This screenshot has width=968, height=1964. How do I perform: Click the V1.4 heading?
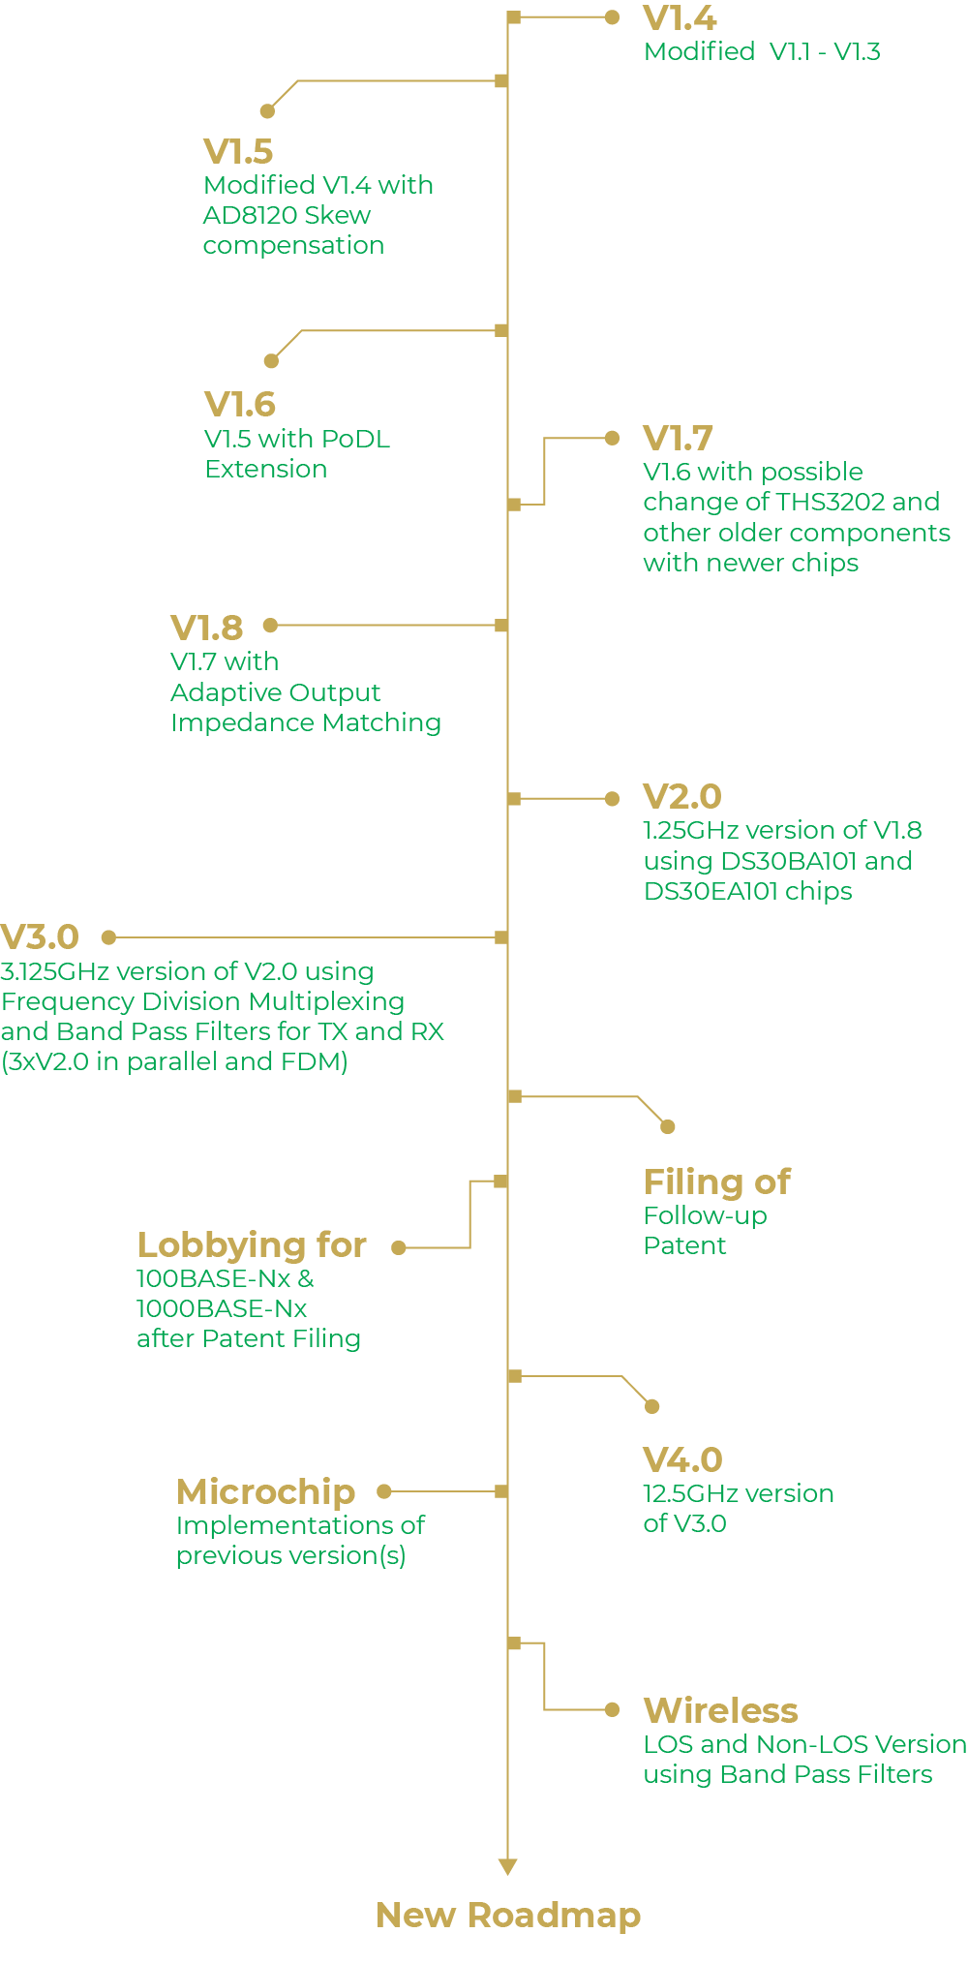tap(680, 18)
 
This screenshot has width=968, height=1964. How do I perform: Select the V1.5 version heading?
tap(238, 152)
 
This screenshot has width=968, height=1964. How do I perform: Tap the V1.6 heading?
tap(240, 405)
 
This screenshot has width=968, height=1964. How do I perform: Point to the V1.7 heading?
tap(678, 439)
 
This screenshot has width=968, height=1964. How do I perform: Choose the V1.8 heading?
tap(206, 628)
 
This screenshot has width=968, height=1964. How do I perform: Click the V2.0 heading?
tap(682, 797)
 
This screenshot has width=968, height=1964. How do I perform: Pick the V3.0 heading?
tap(40, 937)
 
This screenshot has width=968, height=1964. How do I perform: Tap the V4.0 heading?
tap(682, 1459)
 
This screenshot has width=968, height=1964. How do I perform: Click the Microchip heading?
tap(266, 1492)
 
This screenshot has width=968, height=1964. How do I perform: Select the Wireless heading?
tap(721, 1710)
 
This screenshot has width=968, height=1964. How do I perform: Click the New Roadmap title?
tap(508, 1916)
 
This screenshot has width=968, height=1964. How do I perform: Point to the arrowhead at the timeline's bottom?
tap(507, 1867)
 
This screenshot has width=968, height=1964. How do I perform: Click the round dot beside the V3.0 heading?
tap(109, 937)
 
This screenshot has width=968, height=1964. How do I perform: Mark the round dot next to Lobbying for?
tap(398, 1248)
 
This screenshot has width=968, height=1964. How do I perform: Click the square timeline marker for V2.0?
tap(514, 799)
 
